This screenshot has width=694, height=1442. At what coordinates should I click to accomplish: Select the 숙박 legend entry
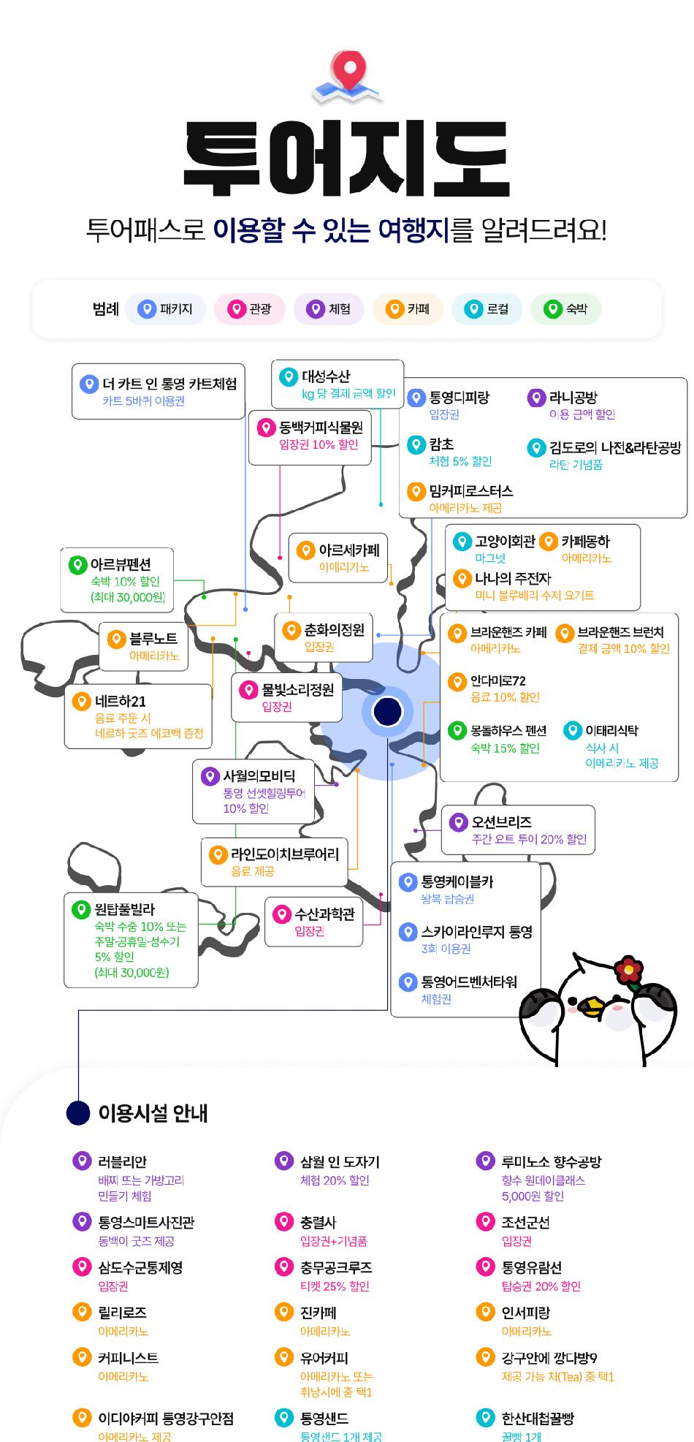click(566, 309)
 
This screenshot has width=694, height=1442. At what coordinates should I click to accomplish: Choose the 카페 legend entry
click(408, 309)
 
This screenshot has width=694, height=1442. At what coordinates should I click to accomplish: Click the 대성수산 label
click(326, 376)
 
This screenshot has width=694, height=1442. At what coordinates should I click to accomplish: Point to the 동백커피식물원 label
click(321, 427)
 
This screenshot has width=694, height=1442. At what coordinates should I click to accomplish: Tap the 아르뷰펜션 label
click(121, 565)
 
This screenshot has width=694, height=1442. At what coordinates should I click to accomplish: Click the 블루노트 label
click(153, 639)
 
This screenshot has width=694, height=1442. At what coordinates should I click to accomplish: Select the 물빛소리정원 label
click(297, 689)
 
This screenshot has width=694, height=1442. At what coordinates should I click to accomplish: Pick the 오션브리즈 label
click(501, 822)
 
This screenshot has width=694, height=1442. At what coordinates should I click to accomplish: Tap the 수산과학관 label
click(324, 914)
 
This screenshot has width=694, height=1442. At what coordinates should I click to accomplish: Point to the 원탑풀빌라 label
click(125, 910)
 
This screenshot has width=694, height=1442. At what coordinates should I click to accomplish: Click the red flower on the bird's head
click(628, 970)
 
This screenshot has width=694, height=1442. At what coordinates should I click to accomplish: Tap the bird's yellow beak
click(593, 1009)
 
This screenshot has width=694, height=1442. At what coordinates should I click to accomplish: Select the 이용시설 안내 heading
click(153, 1113)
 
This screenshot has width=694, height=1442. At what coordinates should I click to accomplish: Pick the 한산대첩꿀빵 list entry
click(537, 1419)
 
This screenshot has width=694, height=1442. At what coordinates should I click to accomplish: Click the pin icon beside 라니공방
click(536, 398)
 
